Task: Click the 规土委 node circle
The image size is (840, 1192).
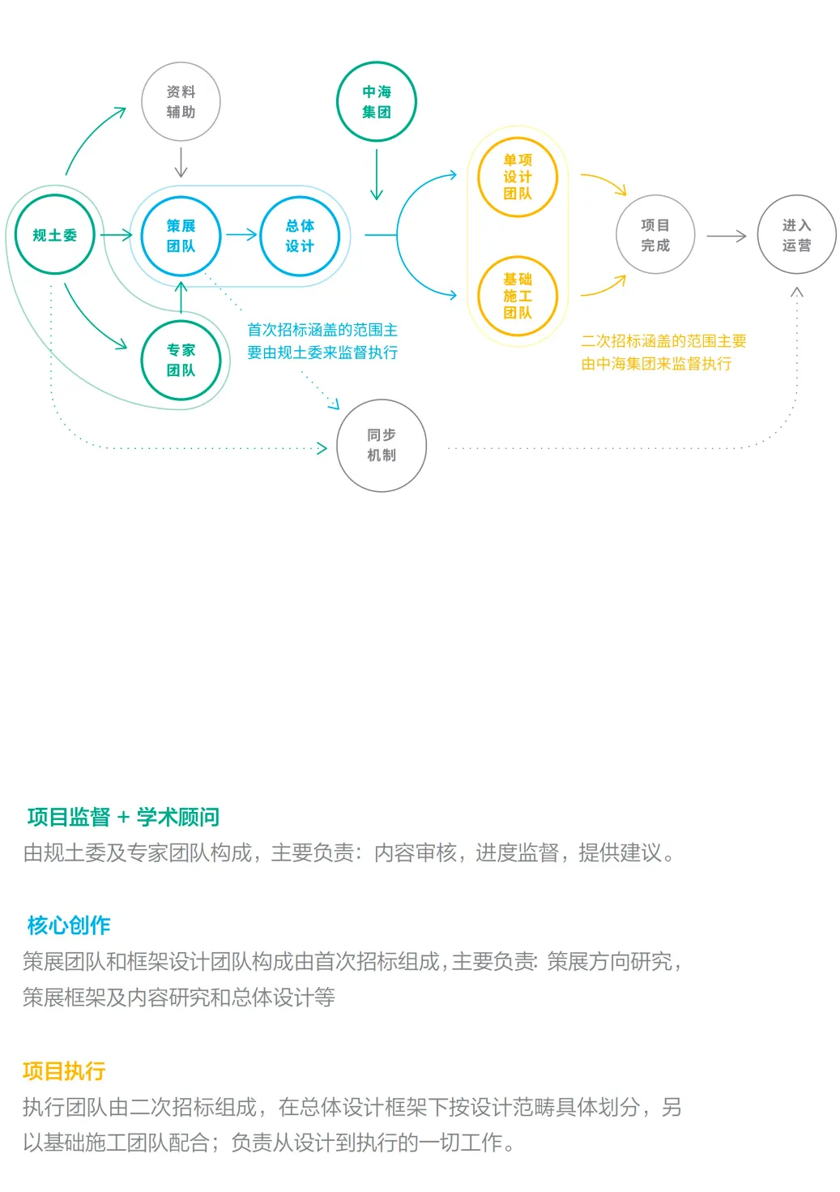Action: (55, 235)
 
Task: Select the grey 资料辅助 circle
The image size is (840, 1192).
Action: (181, 102)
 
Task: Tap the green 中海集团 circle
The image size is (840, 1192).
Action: (377, 102)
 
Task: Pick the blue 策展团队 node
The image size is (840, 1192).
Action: (181, 236)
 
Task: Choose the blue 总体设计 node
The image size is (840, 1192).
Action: (300, 236)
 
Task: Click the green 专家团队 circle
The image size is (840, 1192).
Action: (181, 361)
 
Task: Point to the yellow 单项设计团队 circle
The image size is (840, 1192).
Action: (518, 177)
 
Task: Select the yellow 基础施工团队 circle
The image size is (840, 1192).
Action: (518, 296)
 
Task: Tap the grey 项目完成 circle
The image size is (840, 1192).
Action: (655, 235)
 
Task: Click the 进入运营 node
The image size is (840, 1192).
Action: (796, 235)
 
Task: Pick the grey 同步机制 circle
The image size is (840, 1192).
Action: (382, 445)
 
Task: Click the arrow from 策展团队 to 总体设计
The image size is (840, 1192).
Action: (241, 235)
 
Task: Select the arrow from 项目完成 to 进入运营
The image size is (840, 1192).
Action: (726, 236)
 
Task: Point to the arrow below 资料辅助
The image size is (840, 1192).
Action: (181, 162)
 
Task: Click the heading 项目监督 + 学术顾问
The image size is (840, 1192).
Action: (123, 817)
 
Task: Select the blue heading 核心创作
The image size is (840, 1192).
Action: (69, 925)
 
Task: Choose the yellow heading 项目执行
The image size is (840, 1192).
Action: (64, 1071)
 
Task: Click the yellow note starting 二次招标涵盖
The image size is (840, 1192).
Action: (663, 352)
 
